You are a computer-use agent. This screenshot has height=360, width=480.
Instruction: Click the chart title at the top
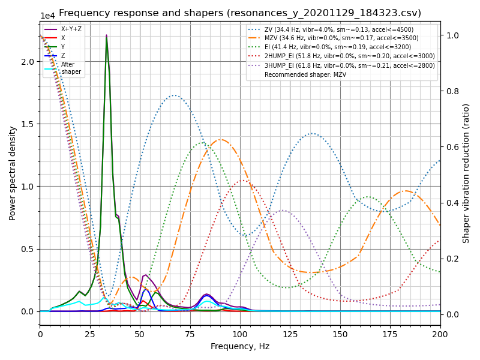[x=240, y=13]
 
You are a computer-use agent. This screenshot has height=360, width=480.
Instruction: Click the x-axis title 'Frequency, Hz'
[x=240, y=346]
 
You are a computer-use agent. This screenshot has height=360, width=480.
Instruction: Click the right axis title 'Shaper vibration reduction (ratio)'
[x=466, y=173]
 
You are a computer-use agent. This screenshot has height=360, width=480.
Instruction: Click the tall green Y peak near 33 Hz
[x=107, y=39]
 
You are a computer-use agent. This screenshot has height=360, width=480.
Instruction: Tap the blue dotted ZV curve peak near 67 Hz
[x=174, y=95]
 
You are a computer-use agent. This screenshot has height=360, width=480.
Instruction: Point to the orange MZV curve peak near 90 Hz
[x=221, y=139]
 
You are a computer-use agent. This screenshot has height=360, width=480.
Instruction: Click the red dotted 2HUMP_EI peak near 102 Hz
[x=243, y=180]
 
